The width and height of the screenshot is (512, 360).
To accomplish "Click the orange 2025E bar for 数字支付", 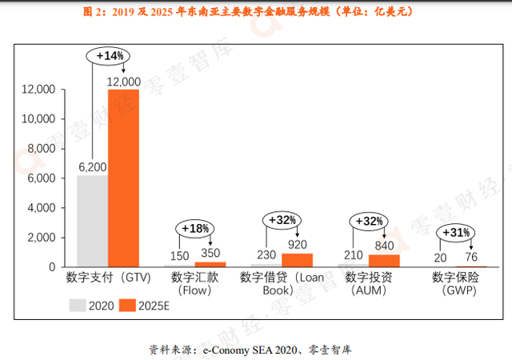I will click(x=123, y=178).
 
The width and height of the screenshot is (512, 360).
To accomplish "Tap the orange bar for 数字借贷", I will click(x=298, y=259).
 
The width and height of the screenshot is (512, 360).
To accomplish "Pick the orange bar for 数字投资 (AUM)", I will click(x=384, y=260).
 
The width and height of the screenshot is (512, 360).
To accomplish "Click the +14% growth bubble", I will click(x=110, y=57).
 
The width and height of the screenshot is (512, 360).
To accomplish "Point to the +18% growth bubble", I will click(x=196, y=228).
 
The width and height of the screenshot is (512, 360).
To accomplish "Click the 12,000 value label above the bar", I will click(x=124, y=82).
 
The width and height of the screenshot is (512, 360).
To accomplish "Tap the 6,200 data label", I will click(x=92, y=167).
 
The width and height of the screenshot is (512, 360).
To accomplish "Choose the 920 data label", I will click(x=298, y=245).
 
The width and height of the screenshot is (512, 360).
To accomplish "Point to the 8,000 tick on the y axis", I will click(x=40, y=149).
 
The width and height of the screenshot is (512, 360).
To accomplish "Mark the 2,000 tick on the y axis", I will click(x=40, y=238).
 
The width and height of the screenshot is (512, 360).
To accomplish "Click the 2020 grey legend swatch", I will click(x=77, y=305).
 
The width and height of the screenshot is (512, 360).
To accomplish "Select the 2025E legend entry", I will click(x=144, y=305).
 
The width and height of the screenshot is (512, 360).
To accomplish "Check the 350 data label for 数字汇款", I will click(x=210, y=254).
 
